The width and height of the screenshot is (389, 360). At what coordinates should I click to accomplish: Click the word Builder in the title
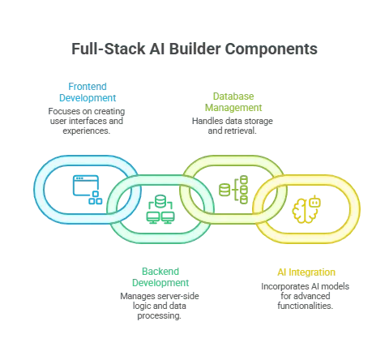click(194, 49)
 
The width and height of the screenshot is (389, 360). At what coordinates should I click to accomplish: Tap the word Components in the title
click(271, 50)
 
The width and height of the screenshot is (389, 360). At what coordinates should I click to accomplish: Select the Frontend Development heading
click(88, 92)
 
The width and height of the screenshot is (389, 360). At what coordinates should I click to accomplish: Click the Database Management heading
click(233, 102)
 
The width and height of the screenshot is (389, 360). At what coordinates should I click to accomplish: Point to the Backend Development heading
click(160, 277)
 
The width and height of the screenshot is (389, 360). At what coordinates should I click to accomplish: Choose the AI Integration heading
click(306, 272)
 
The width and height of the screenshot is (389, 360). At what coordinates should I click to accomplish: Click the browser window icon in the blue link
click(88, 190)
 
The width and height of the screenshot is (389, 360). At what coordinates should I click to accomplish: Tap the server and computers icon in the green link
click(160, 209)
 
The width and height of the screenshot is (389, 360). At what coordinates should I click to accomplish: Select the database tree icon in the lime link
click(233, 190)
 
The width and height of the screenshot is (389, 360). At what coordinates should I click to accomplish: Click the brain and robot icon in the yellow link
click(306, 209)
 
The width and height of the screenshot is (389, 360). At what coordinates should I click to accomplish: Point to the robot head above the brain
click(314, 202)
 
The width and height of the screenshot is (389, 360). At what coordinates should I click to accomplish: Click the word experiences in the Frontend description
click(87, 131)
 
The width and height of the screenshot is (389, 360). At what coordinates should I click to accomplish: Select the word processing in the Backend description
click(160, 315)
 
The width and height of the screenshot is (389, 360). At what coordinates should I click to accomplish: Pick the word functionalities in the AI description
click(306, 306)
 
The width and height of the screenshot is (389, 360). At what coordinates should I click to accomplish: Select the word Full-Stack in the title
click(109, 49)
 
